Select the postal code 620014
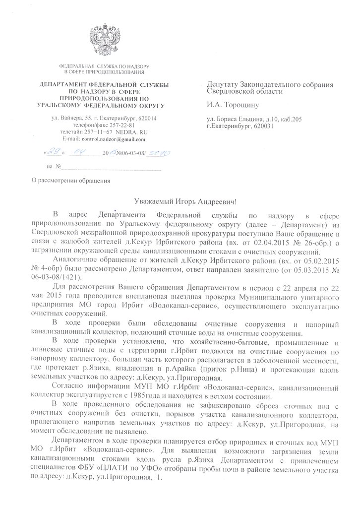pyautogui.click(x=146, y=119)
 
